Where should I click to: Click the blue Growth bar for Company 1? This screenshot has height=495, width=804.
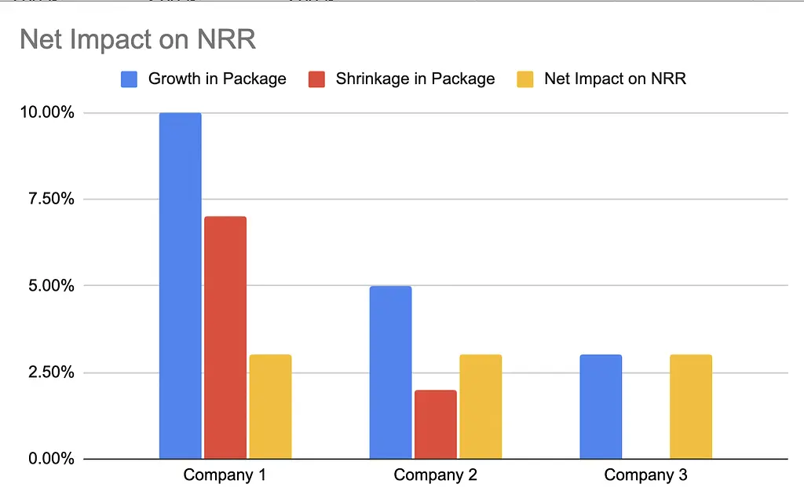coord(181,286)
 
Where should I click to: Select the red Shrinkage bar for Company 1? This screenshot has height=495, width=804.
coord(225,338)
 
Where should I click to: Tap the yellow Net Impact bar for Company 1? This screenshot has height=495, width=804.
coord(270,407)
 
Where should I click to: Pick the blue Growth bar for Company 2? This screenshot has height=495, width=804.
coord(390,372)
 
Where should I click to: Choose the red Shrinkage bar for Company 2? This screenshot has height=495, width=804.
coord(435,424)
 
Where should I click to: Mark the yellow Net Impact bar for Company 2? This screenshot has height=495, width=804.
coord(481,407)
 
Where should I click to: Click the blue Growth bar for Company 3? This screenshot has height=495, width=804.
coord(601,407)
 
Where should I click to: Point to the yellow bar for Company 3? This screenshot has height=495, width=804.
coord(691,407)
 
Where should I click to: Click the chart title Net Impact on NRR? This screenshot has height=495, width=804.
coord(138,39)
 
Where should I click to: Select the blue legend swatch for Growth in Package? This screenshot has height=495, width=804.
coord(130,79)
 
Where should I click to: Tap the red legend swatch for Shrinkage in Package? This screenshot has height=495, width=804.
coord(316,79)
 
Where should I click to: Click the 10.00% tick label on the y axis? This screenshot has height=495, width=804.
coord(46,112)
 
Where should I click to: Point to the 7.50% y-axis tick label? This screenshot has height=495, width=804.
coord(49,199)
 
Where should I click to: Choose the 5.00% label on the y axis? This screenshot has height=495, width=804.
coord(49,286)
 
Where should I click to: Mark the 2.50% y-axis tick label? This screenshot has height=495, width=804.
coord(49,372)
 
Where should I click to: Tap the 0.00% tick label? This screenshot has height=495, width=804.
coord(49,459)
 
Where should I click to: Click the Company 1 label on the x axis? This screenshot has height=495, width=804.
coord(225,475)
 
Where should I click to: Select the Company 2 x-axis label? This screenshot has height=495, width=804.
coord(435,475)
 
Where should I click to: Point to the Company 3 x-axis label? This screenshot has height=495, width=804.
coord(645,475)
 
